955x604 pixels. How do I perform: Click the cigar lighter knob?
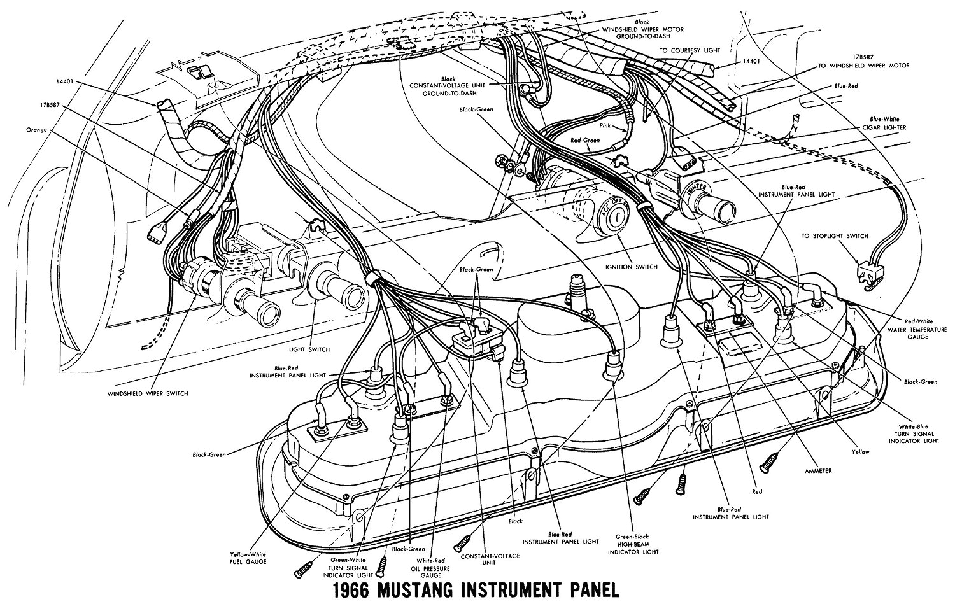719,206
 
